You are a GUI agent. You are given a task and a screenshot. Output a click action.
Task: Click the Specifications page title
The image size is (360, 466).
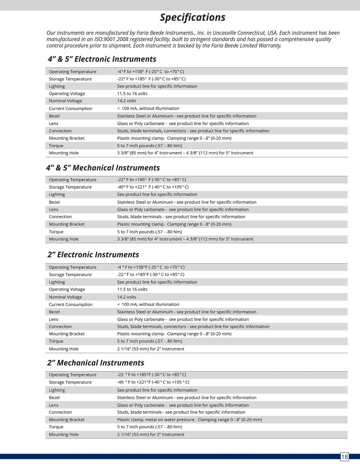[192, 17]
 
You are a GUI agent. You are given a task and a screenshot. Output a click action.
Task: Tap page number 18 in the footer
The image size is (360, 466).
[344, 456]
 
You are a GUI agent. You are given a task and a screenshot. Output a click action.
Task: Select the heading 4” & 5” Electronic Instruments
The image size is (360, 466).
[102, 59]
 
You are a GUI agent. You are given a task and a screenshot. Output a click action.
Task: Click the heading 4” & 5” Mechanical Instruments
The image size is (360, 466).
[103, 168]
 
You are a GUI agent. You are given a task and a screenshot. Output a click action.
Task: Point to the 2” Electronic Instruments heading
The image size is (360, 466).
[93, 254]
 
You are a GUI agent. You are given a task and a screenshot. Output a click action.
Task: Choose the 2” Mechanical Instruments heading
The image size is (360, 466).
[96, 363]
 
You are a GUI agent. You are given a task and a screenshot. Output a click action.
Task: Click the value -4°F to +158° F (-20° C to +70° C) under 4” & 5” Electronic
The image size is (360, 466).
[150, 71]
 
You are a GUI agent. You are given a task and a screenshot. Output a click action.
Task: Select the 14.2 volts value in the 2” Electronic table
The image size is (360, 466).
[126, 297]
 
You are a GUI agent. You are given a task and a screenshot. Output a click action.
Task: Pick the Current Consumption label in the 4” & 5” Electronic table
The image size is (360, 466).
[71, 108]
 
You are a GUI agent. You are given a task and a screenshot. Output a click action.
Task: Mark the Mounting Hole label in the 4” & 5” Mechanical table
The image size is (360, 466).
[64, 239]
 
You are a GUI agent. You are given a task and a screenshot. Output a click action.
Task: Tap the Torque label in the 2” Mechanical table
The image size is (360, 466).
[56, 427]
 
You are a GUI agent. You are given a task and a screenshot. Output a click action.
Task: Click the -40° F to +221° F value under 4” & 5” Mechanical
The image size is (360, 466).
[153, 187]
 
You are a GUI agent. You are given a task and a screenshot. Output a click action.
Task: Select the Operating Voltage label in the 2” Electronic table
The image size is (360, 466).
[67, 289]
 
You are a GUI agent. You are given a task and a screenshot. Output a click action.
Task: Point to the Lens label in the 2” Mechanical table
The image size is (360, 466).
[54, 405]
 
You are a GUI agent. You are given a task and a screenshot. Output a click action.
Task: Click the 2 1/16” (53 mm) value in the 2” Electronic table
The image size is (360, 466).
[150, 349]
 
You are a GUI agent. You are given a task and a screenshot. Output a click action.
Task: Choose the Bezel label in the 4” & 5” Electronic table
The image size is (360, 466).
[54, 116]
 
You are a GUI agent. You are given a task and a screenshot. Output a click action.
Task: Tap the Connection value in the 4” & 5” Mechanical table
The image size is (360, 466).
[181, 217]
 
